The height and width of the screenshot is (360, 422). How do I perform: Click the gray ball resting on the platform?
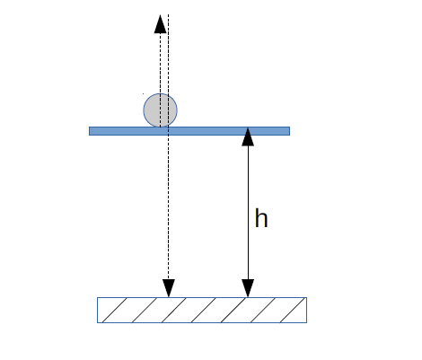pos(160,110)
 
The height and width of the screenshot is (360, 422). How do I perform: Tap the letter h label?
pos(261,218)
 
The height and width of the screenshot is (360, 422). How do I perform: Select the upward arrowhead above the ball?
pos(160,24)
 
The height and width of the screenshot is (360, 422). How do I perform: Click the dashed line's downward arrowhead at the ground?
pos(169,288)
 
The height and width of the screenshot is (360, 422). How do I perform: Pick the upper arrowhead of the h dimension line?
pos(248,136)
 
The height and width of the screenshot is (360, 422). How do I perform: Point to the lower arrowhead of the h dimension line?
pos(248,288)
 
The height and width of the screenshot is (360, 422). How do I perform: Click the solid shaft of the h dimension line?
pos(248,213)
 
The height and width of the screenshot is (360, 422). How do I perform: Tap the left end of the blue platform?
pos(90,131)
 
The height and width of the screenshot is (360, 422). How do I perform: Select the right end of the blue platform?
pos(289,131)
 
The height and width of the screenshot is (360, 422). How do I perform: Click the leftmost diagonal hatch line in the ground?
pos(114,310)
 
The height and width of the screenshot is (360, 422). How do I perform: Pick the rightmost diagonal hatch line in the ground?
pos(292,310)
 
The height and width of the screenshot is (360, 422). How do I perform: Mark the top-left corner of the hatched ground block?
pos(97,297)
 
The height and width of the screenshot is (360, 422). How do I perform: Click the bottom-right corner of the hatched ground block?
pos(307,322)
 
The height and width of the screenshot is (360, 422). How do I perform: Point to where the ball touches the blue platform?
pos(160,127)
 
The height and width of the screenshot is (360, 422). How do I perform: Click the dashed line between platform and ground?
pos(169,207)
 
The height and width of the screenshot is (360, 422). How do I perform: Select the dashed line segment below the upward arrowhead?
pos(160,80)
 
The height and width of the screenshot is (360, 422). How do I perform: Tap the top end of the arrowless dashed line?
pos(169,14)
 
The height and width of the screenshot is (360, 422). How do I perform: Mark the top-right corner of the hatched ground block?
pos(307,297)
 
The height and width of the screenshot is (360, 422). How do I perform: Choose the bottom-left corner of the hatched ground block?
pos(97,322)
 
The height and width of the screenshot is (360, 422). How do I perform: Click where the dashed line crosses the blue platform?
pos(169,131)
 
